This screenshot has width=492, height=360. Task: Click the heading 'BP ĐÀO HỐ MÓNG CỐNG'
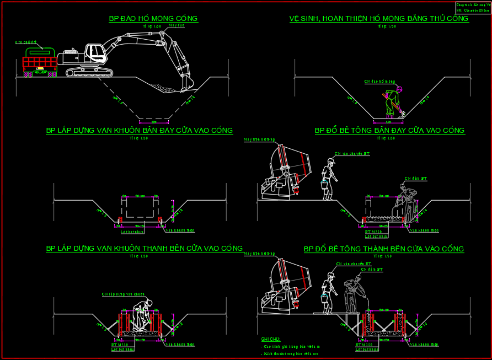coord(153,19)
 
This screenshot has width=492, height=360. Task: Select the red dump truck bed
coord(40,61)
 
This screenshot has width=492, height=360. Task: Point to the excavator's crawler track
coord(89,72)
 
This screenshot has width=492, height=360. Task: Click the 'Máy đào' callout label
coord(177,25)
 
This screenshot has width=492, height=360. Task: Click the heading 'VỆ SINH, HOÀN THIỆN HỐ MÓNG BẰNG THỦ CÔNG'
coord(379,19)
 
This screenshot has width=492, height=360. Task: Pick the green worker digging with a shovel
coord(392,102)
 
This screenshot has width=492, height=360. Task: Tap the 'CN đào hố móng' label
coord(379,82)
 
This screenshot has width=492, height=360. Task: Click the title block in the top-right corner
coord(473,7)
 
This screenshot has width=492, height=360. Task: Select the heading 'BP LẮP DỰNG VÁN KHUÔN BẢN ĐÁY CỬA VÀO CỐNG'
coord(140,131)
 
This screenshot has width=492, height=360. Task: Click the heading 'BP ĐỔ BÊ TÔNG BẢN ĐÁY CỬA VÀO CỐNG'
coord(389,131)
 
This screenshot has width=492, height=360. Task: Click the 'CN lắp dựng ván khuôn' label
coord(123,294)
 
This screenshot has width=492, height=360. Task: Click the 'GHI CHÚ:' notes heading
coord(271,339)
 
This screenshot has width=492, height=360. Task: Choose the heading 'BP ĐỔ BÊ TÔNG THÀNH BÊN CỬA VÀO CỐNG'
coord(383,249)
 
